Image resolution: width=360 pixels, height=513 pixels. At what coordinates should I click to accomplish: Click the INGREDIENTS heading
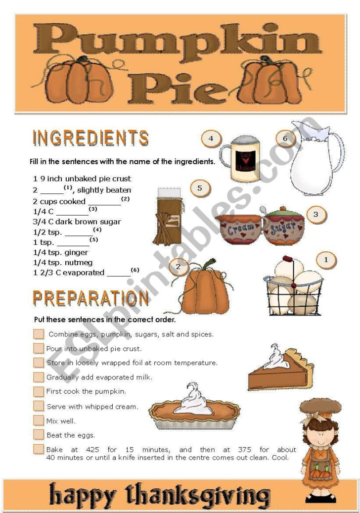point(90,138)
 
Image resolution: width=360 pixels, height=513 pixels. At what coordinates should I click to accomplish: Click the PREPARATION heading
point(90,298)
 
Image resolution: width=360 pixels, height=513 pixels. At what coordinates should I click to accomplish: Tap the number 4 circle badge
point(211,139)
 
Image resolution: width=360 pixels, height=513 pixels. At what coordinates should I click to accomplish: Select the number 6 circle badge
point(285,139)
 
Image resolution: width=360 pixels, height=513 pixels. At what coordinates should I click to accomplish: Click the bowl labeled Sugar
point(284,227)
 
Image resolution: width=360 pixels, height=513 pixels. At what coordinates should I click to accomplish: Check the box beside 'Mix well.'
point(39,420)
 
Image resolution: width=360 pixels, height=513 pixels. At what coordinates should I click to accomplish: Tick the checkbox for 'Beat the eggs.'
point(39,435)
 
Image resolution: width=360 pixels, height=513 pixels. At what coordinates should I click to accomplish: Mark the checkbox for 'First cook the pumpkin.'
point(39,391)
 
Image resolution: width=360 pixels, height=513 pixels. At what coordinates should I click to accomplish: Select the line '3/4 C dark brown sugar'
point(77,222)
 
